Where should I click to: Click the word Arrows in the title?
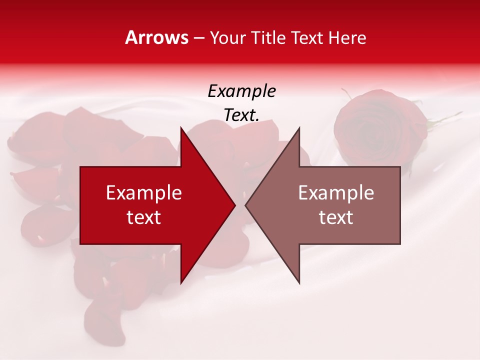coord(157,37)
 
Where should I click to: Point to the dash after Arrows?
coord(198,38)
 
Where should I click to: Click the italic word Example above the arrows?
coord(241,91)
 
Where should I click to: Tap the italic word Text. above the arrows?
coord(241,115)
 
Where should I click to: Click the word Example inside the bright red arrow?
coord(144,193)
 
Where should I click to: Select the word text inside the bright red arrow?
coord(144,217)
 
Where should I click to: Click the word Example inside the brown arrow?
coord(336,193)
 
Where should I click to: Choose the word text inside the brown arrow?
coord(336,217)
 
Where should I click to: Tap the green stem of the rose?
coord(445,120)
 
